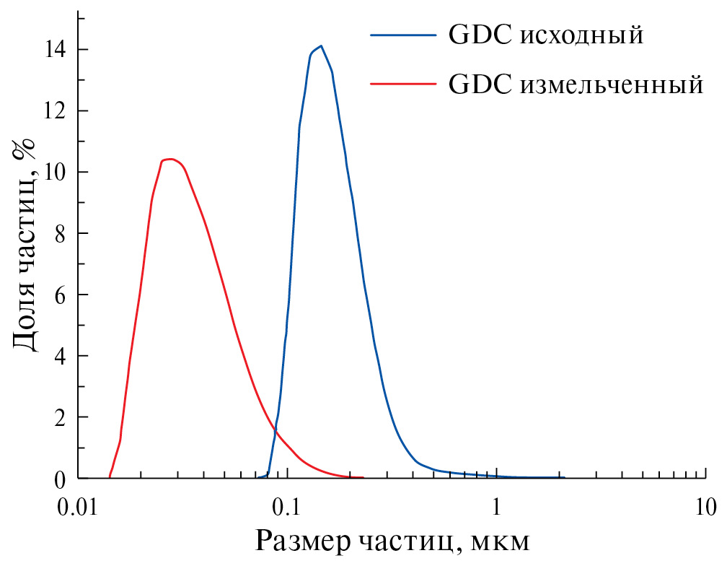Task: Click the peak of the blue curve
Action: click(x=321, y=46)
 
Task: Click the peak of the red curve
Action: click(x=169, y=159)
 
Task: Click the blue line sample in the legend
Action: click(x=404, y=34)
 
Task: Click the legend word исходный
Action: click(x=581, y=35)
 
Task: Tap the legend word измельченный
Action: click(x=610, y=84)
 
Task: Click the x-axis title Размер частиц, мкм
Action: click(x=394, y=541)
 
